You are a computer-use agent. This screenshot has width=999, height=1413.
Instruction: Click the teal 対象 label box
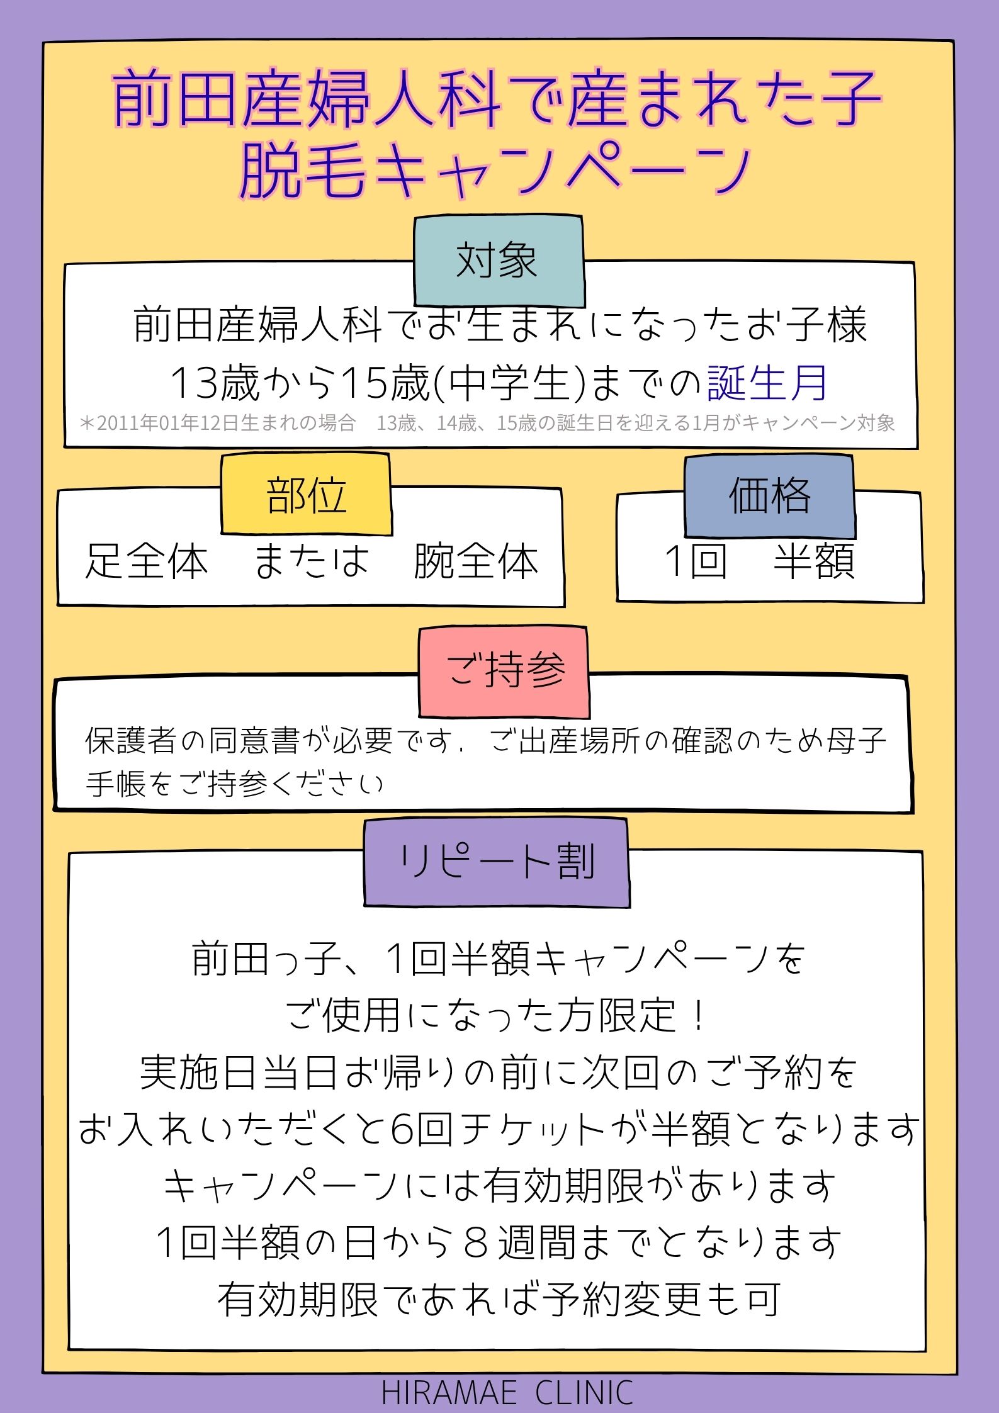(x=499, y=261)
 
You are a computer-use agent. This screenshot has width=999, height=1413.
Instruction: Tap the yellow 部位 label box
(x=306, y=495)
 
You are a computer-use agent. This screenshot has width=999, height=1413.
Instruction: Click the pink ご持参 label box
(x=504, y=672)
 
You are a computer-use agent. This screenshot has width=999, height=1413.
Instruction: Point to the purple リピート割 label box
(x=497, y=862)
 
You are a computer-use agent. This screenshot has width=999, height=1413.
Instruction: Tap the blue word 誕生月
(x=767, y=383)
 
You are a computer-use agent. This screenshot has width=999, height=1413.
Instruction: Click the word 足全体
(x=146, y=561)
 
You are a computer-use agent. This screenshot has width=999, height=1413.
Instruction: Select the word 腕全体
(x=476, y=561)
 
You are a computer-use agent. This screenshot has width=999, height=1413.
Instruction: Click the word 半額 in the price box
(x=814, y=561)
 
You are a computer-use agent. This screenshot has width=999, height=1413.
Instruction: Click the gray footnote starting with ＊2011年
(x=487, y=423)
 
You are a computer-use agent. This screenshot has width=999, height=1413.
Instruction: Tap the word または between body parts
(x=310, y=561)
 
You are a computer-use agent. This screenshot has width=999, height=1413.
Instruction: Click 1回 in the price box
(x=696, y=561)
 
